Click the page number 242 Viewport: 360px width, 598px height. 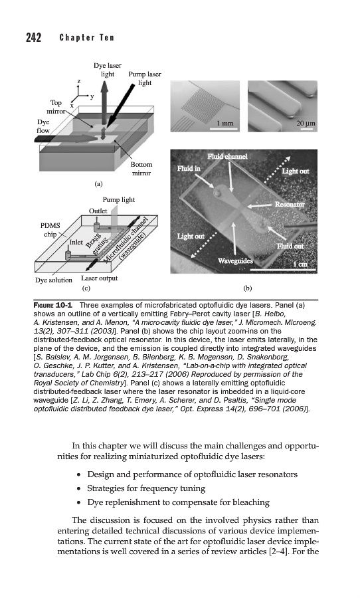(34, 38)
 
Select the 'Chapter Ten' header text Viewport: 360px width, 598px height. (86, 38)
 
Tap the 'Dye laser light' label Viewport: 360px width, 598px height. (107, 70)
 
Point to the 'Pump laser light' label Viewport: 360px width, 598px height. (145, 78)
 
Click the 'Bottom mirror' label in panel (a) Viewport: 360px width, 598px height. (141, 169)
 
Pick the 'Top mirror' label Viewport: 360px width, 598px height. (56, 107)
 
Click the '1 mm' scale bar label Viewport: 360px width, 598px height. (225, 123)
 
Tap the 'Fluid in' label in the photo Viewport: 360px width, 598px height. (189, 168)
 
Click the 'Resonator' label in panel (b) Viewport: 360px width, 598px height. (290, 205)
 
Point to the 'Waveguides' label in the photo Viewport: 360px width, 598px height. (235, 261)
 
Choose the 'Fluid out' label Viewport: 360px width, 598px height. (290, 246)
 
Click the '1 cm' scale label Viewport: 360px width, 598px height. (300, 264)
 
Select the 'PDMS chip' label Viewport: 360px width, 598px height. (50, 230)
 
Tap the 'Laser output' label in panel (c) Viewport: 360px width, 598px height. (99, 278)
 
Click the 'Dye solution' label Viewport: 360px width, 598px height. (53, 280)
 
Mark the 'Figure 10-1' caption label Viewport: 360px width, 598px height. (55, 305)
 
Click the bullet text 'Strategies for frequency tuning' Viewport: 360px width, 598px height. (146, 488)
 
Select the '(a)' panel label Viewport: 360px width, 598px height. (98, 184)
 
